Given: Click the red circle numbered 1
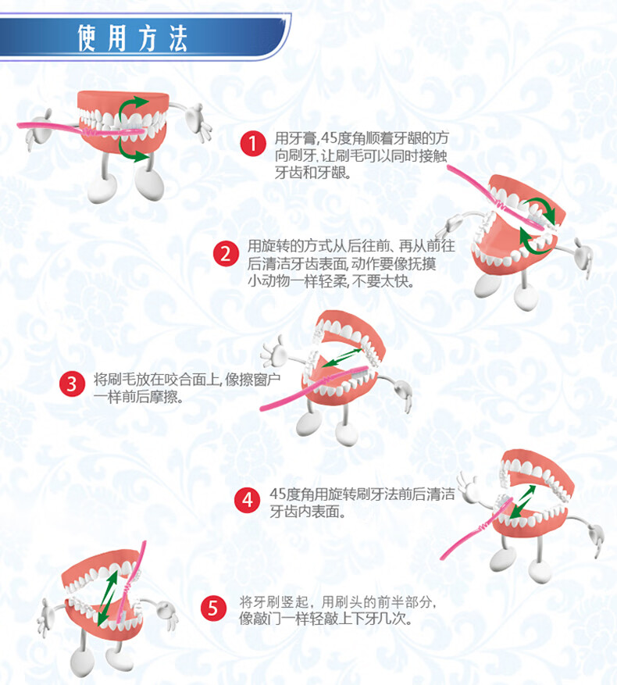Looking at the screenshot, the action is (x=253, y=143).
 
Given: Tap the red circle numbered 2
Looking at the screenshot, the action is (x=226, y=253).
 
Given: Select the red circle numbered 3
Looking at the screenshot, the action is (x=72, y=384).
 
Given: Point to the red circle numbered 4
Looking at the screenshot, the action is (x=248, y=500).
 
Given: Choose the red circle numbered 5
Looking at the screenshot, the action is (x=213, y=608).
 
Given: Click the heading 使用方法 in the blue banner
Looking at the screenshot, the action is (x=133, y=38).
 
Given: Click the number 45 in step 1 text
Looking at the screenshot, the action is (x=329, y=138).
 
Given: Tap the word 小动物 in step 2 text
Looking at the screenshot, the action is (x=269, y=281).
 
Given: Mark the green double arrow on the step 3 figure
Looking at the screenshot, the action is (x=343, y=358).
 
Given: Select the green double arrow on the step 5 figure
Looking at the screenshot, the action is (x=107, y=598).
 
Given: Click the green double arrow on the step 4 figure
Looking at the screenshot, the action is (x=522, y=501).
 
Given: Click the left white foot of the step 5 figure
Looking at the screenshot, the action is (x=82, y=661).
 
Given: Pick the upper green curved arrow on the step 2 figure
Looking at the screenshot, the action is (x=543, y=207).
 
